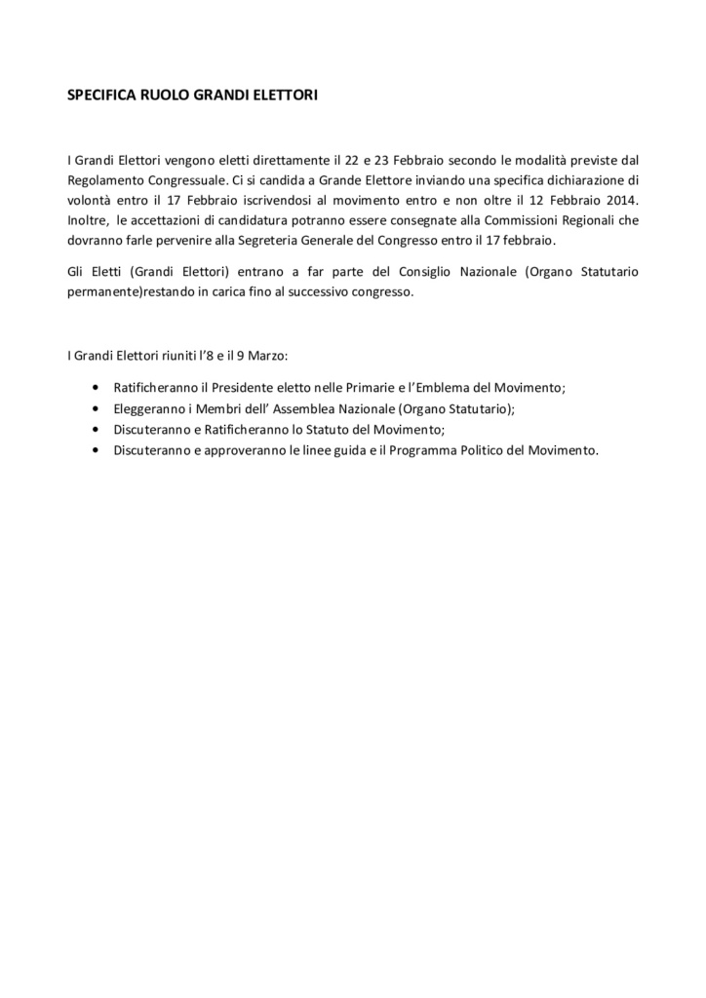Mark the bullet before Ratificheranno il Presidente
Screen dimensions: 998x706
(94, 387)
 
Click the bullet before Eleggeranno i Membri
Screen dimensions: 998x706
(94, 408)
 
